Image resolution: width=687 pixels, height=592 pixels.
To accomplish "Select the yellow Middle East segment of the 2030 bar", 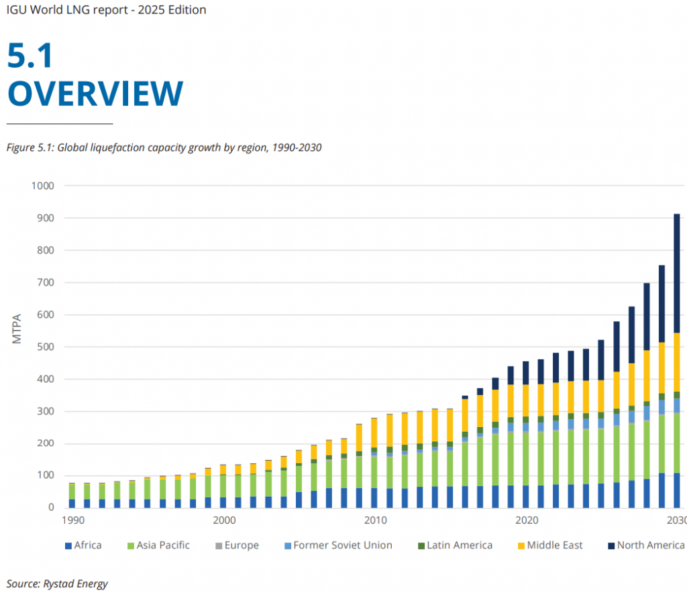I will [676, 362].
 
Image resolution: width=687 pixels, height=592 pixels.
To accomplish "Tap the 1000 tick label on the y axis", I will [42, 186].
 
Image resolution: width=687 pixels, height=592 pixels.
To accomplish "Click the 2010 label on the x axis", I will [374, 520].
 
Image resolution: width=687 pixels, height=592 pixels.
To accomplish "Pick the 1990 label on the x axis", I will [72, 520].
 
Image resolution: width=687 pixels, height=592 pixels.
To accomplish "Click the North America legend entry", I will [643, 545].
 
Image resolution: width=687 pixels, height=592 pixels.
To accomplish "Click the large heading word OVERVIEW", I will [95, 93].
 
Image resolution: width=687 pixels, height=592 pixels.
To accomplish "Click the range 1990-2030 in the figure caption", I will [297, 147].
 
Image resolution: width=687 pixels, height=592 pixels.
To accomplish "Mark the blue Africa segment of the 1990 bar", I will [72, 503].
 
